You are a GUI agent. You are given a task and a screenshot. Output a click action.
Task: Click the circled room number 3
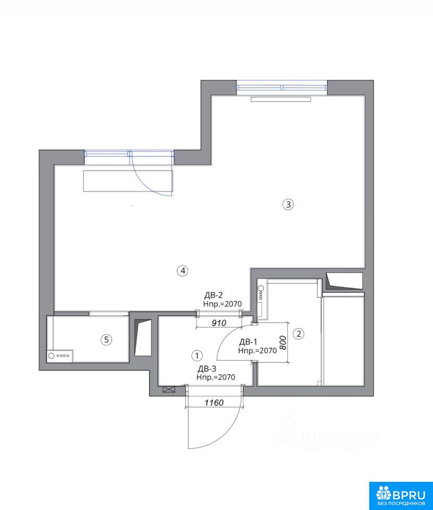(288, 204)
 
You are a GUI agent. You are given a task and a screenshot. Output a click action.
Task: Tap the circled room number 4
(183, 270)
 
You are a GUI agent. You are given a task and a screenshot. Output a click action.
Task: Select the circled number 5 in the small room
(106, 340)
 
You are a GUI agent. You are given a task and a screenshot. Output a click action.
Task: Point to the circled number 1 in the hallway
(197, 355)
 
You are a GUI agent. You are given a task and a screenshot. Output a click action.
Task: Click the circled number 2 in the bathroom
(299, 334)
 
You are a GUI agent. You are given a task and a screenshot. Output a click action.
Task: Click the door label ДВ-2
(214, 295)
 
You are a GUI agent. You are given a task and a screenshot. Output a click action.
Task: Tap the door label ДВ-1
(248, 342)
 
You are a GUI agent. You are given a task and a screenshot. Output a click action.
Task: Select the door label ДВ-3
(207, 369)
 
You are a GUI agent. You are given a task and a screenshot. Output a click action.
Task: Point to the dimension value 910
(218, 323)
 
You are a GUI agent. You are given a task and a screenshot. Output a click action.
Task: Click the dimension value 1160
(214, 403)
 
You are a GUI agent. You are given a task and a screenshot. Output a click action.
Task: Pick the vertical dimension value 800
(283, 343)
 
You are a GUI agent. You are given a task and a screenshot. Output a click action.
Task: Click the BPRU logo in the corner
(401, 495)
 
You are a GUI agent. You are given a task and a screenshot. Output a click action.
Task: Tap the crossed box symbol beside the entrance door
(169, 389)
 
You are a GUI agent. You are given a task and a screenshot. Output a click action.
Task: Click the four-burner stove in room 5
(60, 356)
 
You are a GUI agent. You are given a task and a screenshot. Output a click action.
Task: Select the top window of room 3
(282, 88)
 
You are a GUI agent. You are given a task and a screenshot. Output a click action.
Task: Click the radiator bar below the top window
(281, 99)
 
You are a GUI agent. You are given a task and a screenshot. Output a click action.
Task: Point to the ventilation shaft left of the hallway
(143, 338)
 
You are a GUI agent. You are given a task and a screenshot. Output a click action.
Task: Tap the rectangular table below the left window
(128, 181)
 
